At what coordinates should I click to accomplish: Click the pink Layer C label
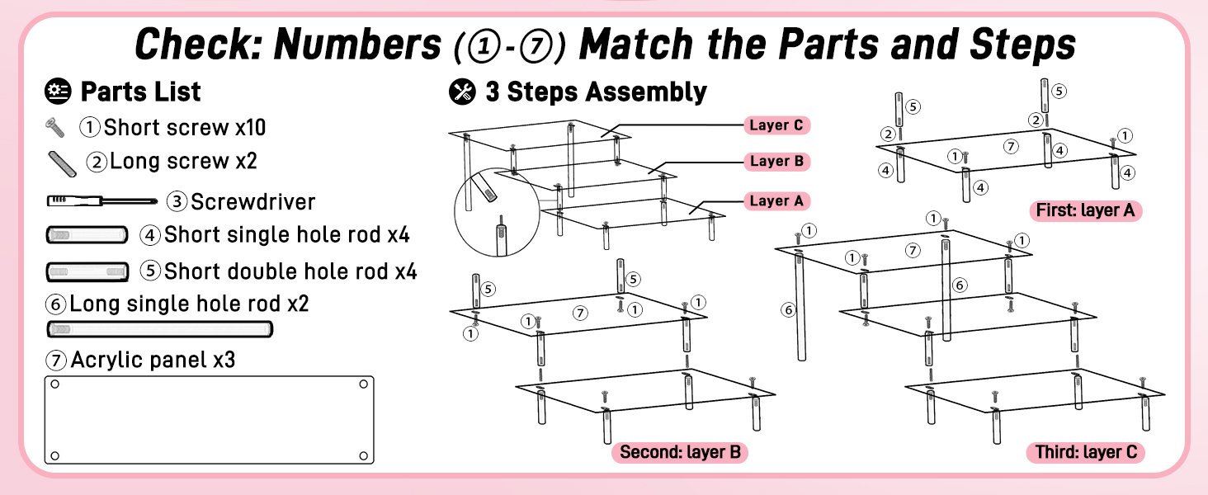(776, 125)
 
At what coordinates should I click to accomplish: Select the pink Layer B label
(776, 161)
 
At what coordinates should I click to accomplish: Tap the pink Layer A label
(776, 201)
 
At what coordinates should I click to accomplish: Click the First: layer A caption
(1086, 210)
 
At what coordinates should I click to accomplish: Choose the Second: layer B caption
(680, 452)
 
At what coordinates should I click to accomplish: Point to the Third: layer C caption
(1086, 452)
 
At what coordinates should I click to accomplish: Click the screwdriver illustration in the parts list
(102, 201)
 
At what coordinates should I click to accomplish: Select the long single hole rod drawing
(159, 329)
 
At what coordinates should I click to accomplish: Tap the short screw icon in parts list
(55, 128)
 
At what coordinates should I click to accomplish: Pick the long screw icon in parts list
(62, 164)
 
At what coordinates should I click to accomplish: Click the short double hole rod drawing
(87, 271)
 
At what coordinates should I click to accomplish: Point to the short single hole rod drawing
(87, 235)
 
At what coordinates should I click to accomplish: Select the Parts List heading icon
(58, 91)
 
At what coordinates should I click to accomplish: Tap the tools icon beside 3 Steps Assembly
(462, 92)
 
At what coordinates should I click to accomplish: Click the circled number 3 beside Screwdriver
(177, 201)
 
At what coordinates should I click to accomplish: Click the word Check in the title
(198, 45)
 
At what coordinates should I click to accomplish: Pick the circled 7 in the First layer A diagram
(1011, 146)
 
